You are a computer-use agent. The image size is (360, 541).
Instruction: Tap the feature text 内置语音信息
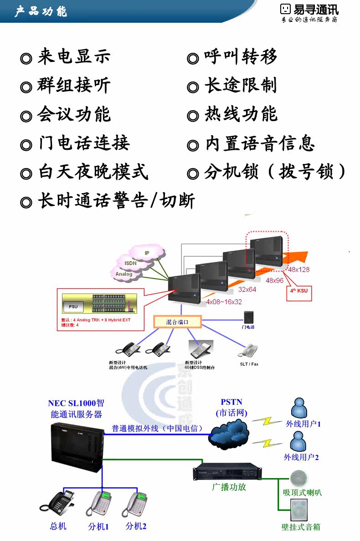pyautogui.click(x=260, y=144)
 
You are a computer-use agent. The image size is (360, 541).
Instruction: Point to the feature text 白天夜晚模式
pyautogui.click(x=93, y=173)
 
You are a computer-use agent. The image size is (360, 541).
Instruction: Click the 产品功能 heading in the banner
pyautogui.click(x=41, y=11)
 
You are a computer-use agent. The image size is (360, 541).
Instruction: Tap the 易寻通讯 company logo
pyautogui.click(x=309, y=13)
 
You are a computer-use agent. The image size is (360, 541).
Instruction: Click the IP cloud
pyautogui.click(x=147, y=252)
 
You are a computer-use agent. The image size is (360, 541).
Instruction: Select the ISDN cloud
pyautogui.click(x=131, y=263)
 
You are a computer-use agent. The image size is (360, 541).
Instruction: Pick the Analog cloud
pyautogui.click(x=123, y=274)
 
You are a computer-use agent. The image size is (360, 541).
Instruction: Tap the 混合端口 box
pyautogui.click(x=176, y=322)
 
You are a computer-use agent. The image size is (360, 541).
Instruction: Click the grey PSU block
pyautogui.click(x=73, y=306)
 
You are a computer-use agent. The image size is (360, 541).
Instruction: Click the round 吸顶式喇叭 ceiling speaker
pyautogui.click(x=299, y=477)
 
